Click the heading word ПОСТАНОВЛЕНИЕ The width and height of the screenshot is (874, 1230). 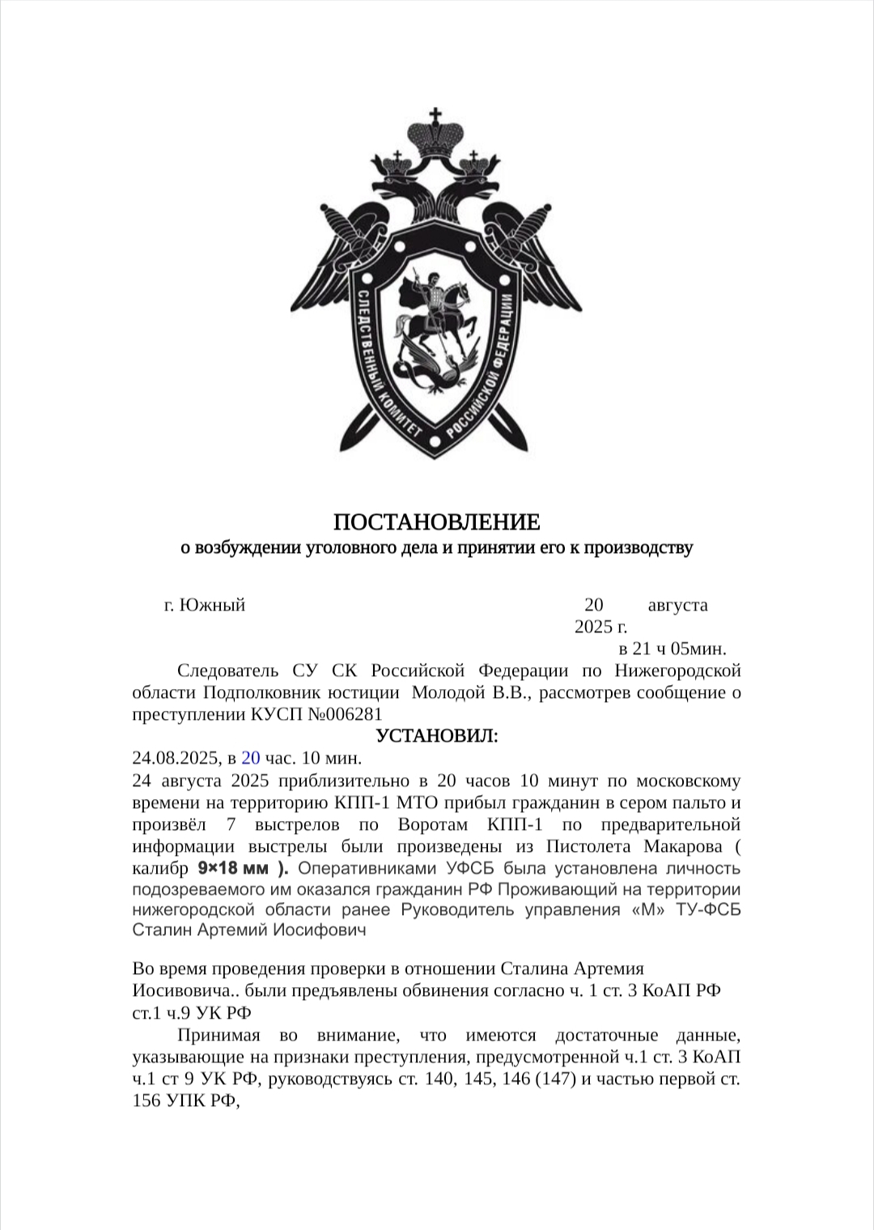(x=437, y=521)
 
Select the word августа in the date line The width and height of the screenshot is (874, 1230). (x=677, y=605)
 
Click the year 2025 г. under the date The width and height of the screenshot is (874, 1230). (x=600, y=627)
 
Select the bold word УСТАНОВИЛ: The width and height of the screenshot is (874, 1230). (x=437, y=736)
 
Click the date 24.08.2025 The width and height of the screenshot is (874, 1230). (x=176, y=759)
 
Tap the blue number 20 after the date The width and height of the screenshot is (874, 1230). (x=251, y=759)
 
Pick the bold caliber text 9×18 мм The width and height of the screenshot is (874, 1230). (x=233, y=869)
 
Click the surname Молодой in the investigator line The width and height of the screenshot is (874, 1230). (x=449, y=692)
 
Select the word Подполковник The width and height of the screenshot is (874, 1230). (x=252, y=692)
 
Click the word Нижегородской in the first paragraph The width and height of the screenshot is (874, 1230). (x=677, y=670)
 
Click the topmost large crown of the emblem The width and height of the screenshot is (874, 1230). (x=437, y=134)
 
